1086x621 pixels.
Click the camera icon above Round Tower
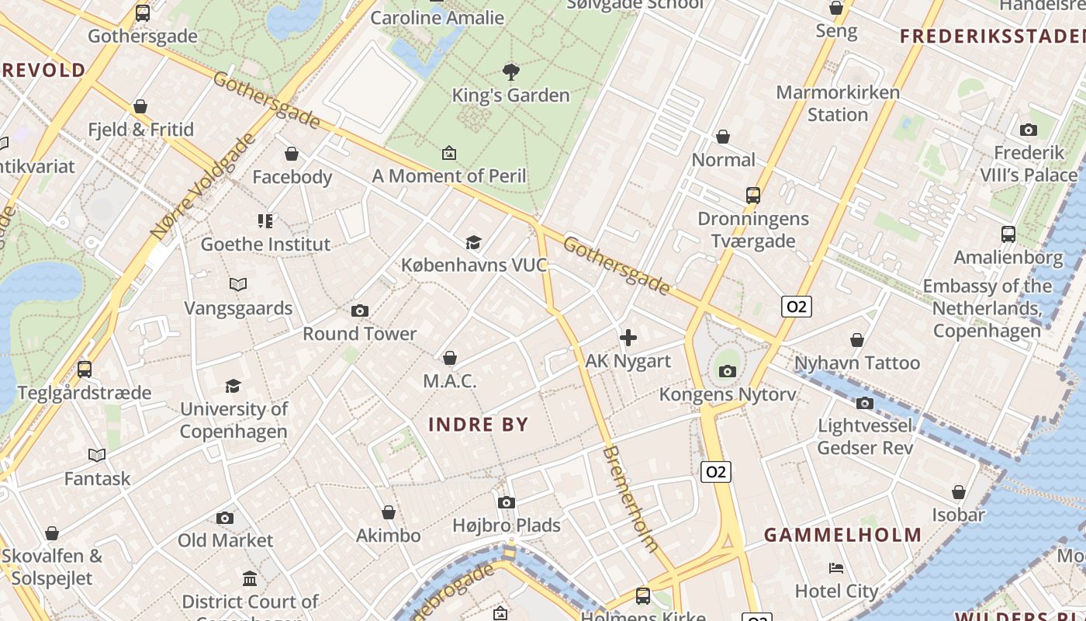(x=359, y=311)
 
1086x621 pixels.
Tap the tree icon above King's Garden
(x=510, y=73)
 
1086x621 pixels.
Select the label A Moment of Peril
(x=449, y=176)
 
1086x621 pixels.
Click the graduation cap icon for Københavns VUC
(x=473, y=243)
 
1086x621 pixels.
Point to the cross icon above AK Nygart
(x=628, y=338)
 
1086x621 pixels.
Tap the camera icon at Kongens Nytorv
(x=727, y=371)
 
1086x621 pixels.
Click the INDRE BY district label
(x=478, y=425)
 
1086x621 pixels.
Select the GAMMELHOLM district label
(x=842, y=535)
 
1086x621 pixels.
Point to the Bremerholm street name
(x=631, y=498)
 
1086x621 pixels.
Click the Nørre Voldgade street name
(x=202, y=186)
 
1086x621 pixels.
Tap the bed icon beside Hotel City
(x=836, y=568)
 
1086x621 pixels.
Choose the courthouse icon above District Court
(x=250, y=579)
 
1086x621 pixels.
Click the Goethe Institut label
(x=265, y=245)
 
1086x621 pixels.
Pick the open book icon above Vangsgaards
(x=238, y=285)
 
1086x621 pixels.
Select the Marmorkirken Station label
(x=838, y=103)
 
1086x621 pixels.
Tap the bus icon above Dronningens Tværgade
(x=752, y=196)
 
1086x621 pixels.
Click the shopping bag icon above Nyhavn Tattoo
(x=857, y=340)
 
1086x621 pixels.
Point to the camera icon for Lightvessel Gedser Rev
(x=864, y=403)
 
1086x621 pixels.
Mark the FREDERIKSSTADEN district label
(x=991, y=36)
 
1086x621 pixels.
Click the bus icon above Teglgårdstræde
(x=85, y=369)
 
